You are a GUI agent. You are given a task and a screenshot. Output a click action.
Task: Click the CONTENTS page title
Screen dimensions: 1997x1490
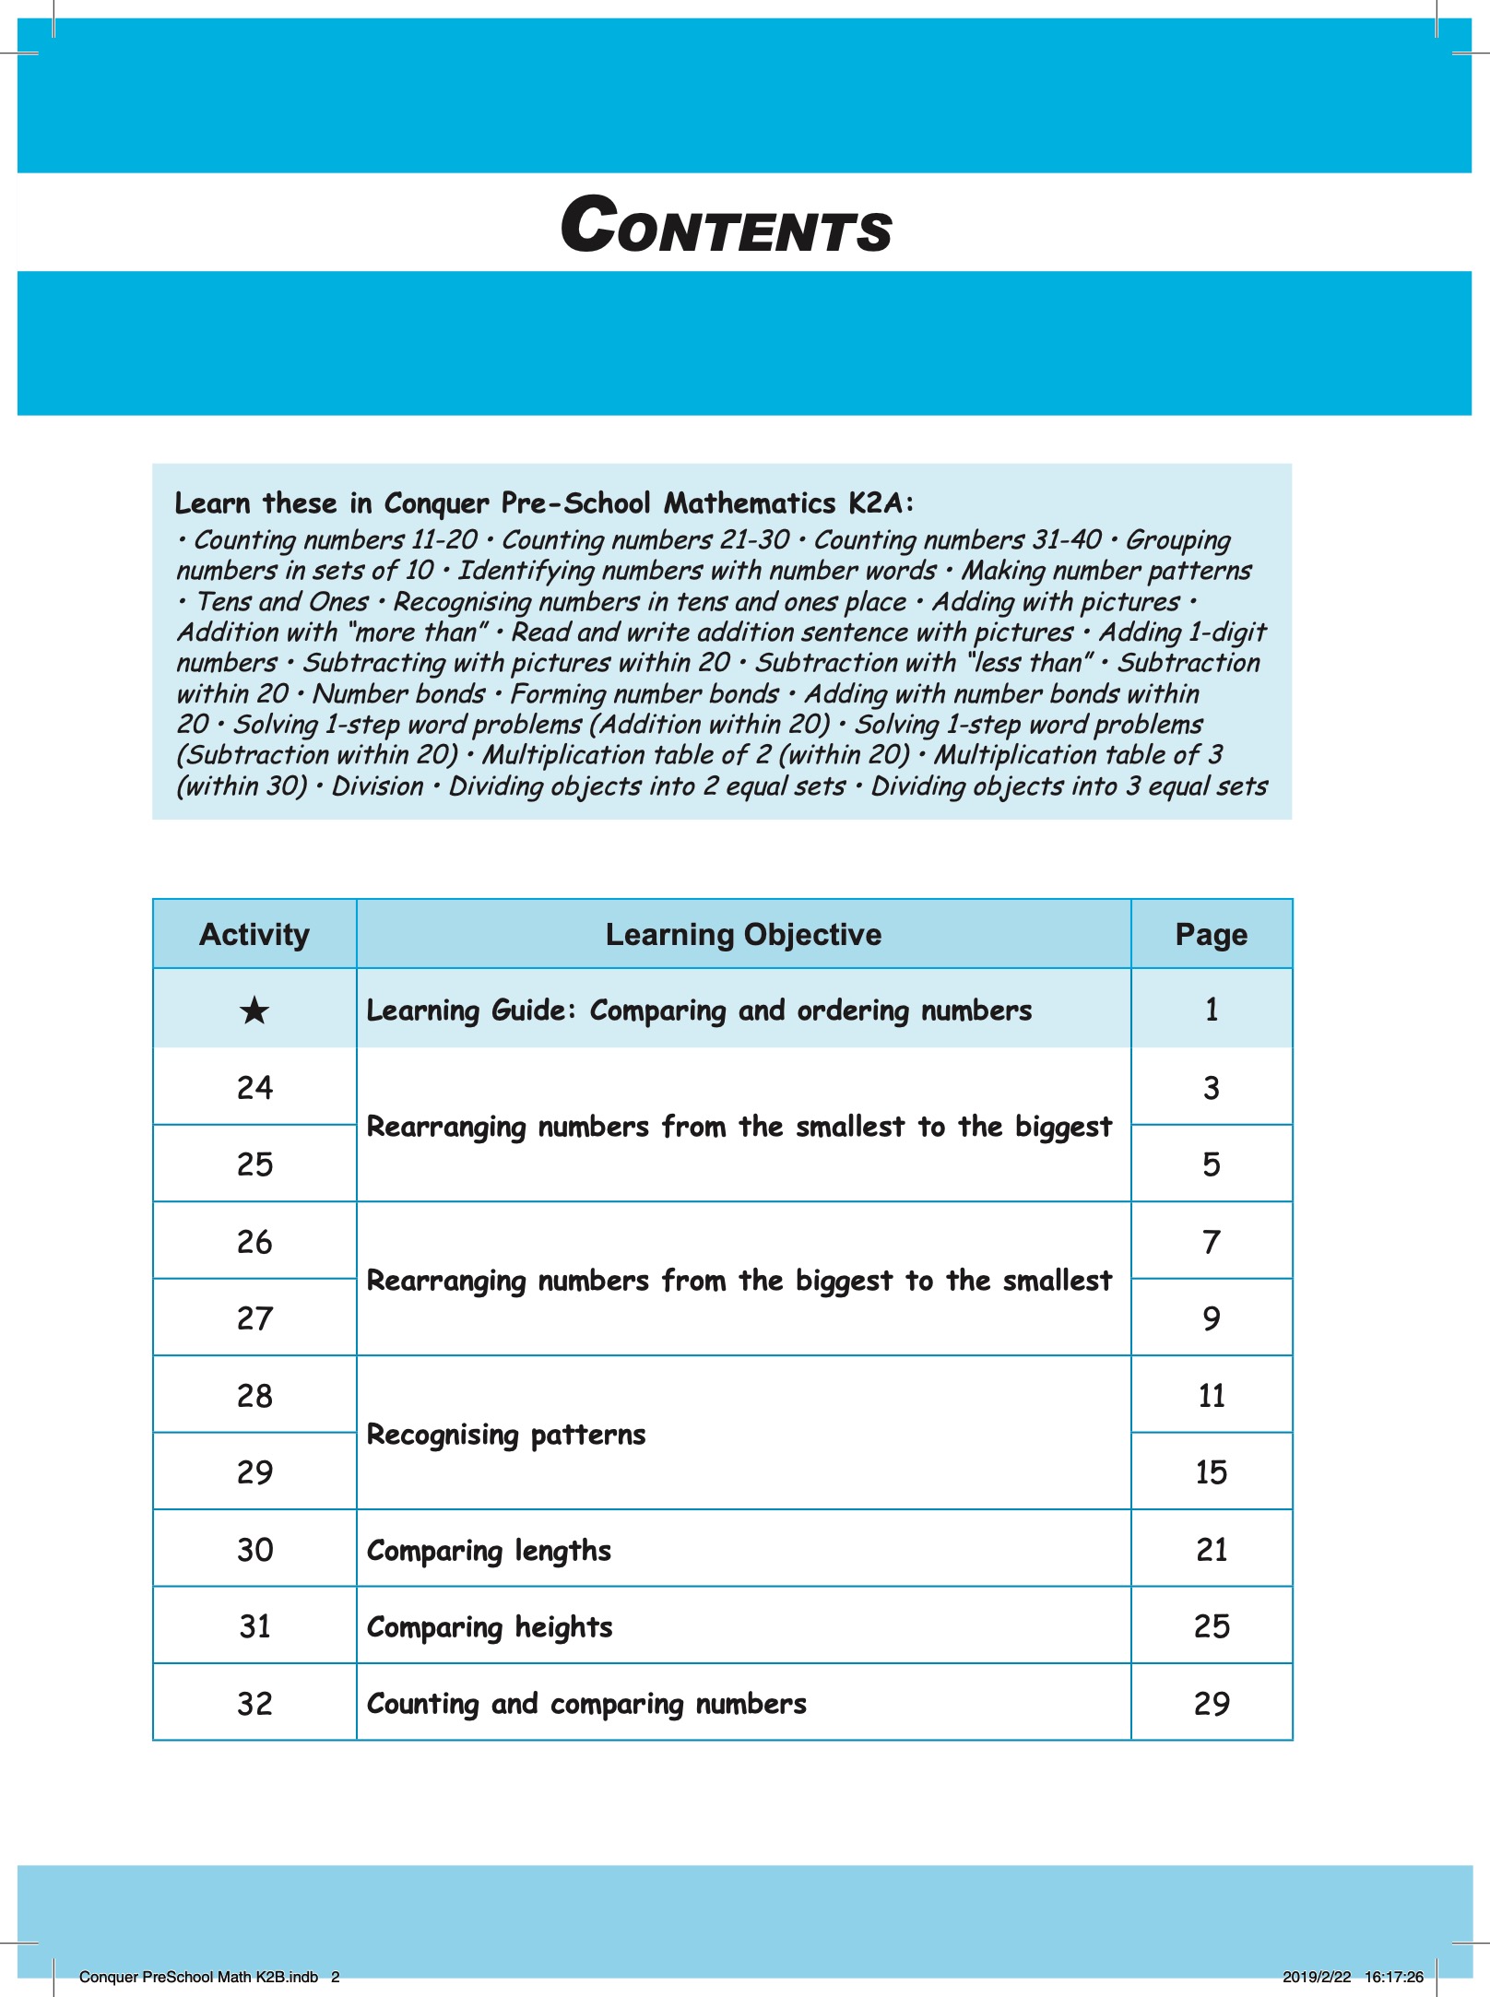727,226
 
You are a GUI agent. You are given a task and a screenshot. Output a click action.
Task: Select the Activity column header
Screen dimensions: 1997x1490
254,935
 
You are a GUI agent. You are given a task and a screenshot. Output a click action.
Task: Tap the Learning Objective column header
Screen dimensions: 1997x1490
743,935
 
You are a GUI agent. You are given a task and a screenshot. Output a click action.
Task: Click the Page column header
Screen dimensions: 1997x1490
1211,935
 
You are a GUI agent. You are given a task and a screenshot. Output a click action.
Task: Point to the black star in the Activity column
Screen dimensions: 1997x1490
254,1011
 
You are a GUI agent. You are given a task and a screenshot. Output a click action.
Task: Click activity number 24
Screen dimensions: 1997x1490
254,1088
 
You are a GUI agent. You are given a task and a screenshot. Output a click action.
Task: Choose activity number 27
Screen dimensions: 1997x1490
254,1318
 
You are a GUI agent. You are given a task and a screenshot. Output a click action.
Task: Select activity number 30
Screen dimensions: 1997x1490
254,1550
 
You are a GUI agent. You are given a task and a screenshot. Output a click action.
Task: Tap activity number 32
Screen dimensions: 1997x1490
254,1704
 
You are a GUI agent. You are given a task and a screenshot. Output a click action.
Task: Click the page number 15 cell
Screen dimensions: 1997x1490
1211,1472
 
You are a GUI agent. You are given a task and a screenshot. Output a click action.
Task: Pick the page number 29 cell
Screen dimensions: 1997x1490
1211,1704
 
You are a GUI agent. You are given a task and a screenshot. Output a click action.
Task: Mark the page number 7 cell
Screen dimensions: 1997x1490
1211,1242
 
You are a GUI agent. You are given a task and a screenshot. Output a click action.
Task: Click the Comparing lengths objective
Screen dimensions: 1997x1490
489,1551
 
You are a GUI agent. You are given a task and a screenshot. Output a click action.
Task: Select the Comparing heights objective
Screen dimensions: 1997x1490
490,1627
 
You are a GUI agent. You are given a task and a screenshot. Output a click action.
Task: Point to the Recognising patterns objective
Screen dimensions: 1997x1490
506,1435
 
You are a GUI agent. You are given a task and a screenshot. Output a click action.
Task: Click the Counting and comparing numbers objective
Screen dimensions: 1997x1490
586,1704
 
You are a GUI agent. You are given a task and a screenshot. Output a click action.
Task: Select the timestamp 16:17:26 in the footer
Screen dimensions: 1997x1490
1393,1977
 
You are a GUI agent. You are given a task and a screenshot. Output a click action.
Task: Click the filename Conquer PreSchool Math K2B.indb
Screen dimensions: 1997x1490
198,1977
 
